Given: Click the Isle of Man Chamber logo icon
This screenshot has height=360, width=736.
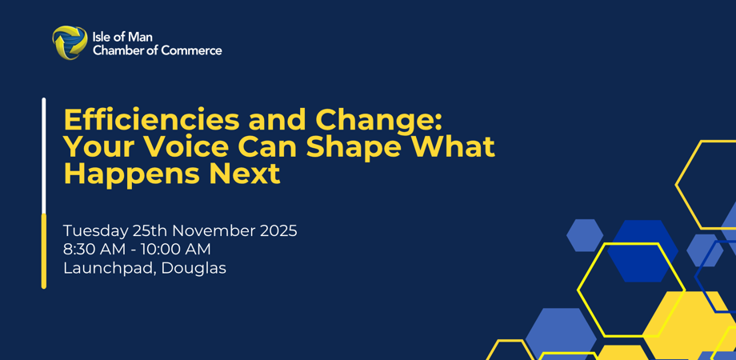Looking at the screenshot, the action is coord(70,42).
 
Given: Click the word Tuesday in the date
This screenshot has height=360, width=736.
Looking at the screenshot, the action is coord(95,231).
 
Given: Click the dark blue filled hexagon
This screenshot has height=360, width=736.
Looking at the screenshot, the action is coord(643,251).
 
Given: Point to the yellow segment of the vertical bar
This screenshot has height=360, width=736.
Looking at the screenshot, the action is coord(44,251).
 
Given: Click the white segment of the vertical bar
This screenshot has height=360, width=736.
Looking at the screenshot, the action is coord(44,155).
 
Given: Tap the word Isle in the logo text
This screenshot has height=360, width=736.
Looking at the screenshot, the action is coord(101,38).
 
